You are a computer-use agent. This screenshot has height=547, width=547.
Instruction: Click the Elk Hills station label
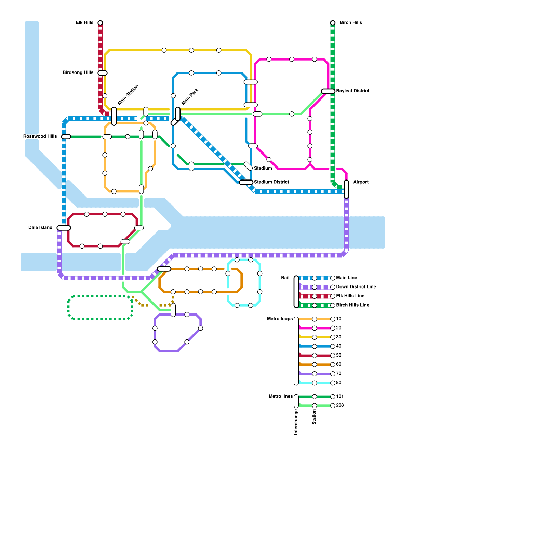(x=84, y=23)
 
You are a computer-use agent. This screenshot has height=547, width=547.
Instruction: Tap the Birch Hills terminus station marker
(x=333, y=23)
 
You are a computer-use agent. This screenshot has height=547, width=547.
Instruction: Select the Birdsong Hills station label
(x=78, y=73)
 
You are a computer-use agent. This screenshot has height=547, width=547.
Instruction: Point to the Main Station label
(x=128, y=95)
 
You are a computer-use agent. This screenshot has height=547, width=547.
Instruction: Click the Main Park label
(x=190, y=97)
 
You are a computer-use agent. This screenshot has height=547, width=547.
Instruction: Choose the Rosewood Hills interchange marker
(x=66, y=137)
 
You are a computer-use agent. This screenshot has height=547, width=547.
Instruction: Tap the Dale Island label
(x=40, y=228)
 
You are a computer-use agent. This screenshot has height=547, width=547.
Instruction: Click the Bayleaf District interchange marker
(x=328, y=91)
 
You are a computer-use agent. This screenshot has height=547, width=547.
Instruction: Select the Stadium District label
(x=271, y=182)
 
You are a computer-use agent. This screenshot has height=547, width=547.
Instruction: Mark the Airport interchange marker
(x=346, y=189)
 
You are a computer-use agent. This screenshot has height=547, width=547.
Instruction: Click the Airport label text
(x=361, y=182)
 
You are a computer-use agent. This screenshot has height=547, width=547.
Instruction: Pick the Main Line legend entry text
(x=346, y=278)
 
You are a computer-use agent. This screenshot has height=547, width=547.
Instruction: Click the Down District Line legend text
(x=356, y=287)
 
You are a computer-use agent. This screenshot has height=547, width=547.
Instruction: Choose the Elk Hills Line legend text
(x=350, y=296)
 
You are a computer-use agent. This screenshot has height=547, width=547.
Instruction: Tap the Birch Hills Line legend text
(x=352, y=305)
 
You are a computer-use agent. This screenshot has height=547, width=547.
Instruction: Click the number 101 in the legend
(x=340, y=397)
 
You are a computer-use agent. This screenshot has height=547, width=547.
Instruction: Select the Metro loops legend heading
(x=280, y=319)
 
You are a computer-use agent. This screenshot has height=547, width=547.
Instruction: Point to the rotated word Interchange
(x=296, y=422)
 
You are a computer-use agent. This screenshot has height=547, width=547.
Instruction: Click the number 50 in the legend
(x=338, y=355)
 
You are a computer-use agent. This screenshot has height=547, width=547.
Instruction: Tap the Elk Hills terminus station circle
(x=100, y=23)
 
